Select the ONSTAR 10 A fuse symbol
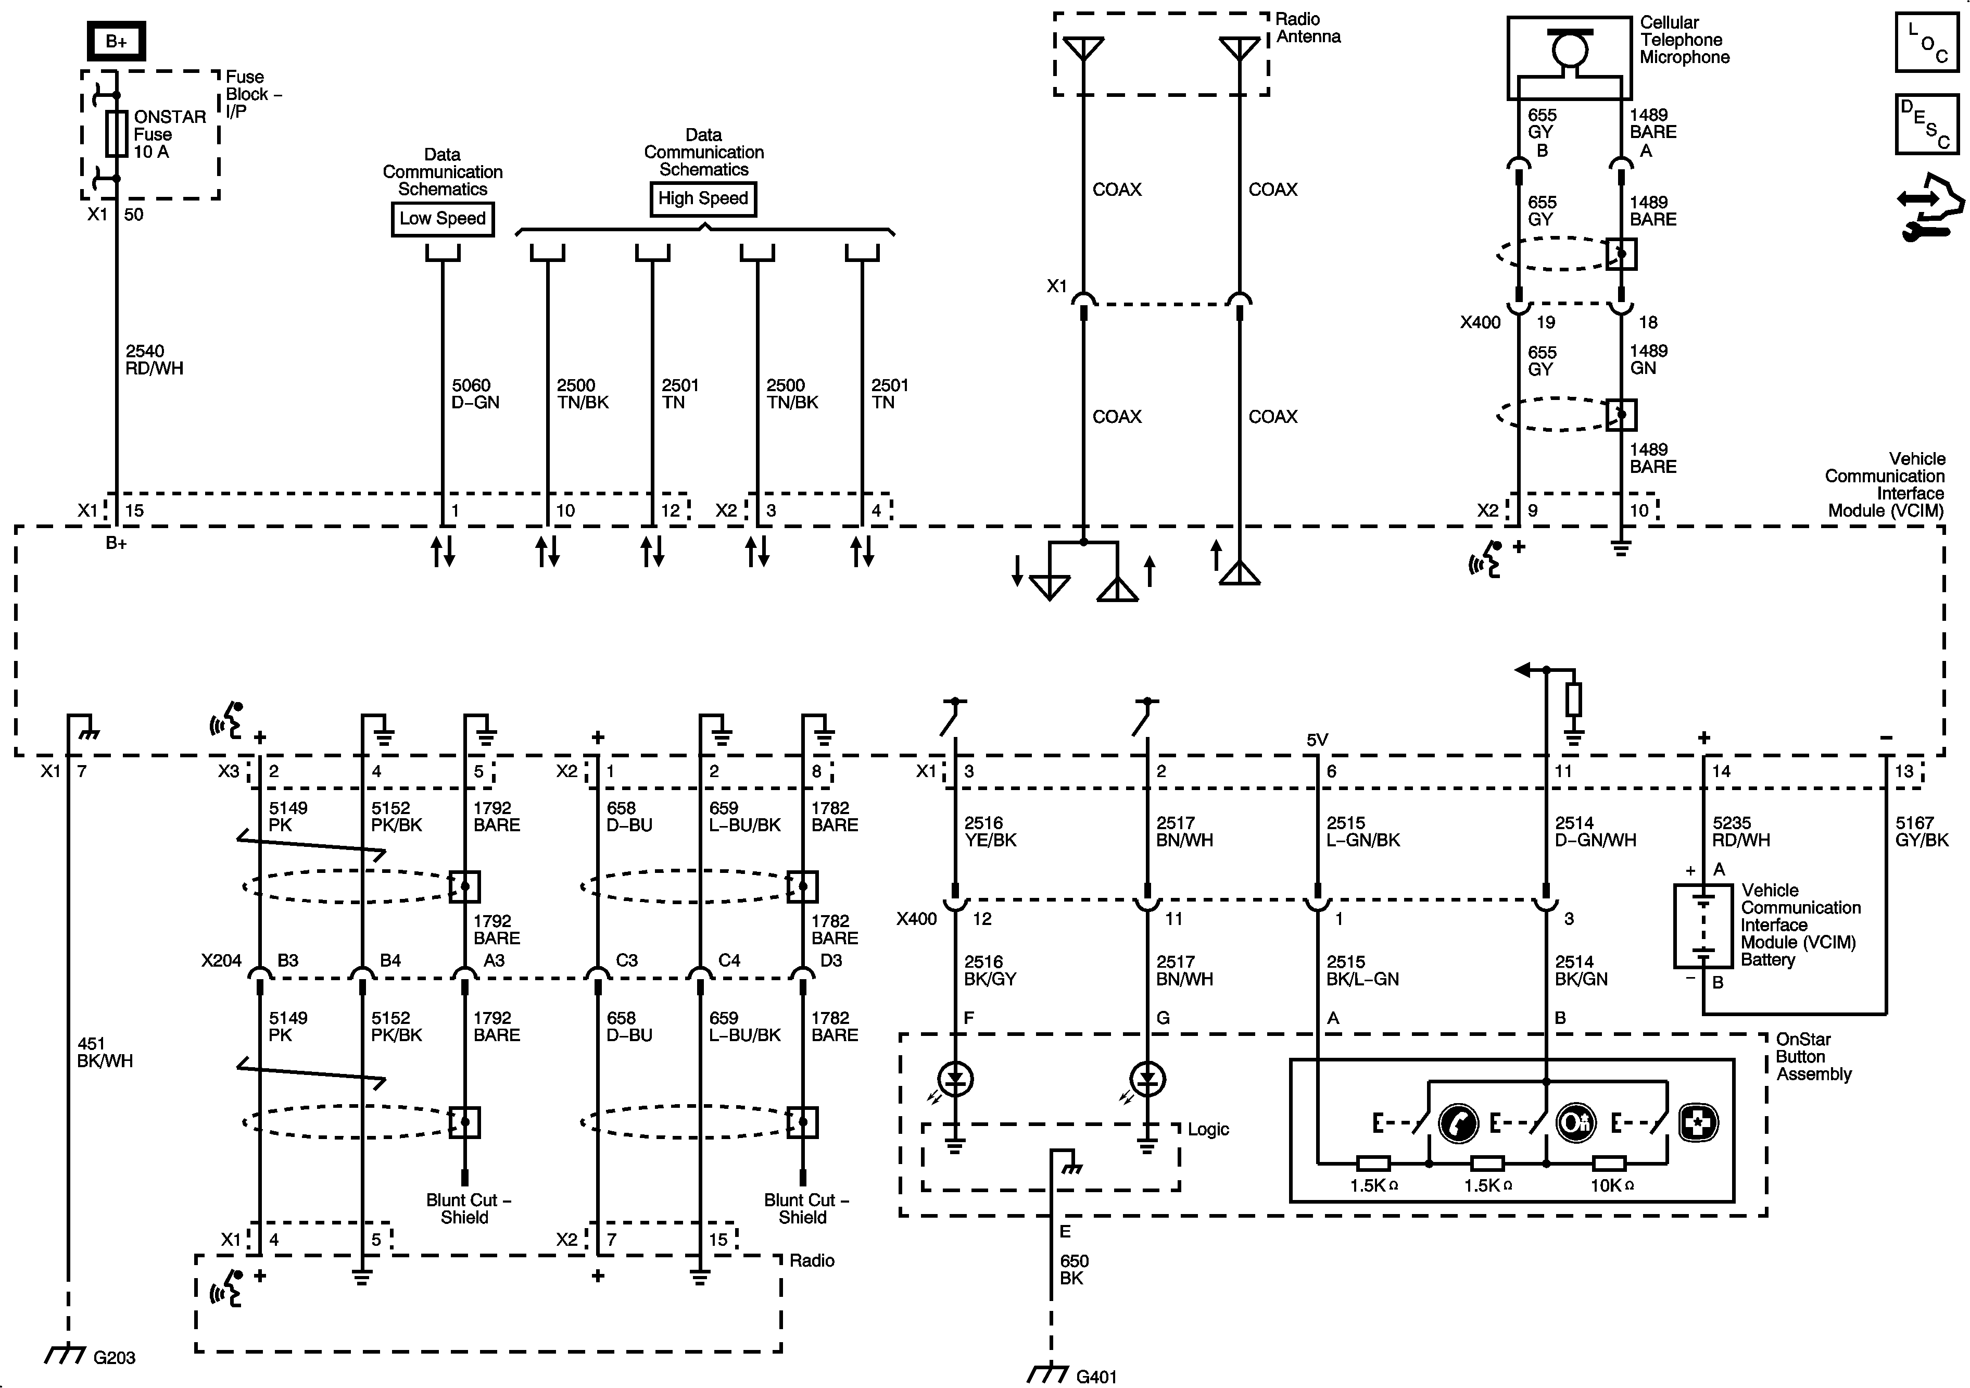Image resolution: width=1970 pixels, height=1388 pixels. (x=117, y=133)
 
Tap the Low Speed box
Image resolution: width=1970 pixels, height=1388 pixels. (x=443, y=219)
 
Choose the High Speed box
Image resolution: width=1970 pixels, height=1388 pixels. (x=703, y=199)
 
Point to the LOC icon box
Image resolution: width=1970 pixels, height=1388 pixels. (x=1926, y=42)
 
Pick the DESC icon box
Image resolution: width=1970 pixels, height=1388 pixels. (x=1926, y=124)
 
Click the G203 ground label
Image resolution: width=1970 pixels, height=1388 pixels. (x=114, y=1357)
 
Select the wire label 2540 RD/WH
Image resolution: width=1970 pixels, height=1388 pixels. (x=155, y=360)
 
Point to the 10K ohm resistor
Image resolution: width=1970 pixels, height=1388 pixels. (x=1609, y=1164)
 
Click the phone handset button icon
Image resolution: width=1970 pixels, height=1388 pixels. (x=1458, y=1123)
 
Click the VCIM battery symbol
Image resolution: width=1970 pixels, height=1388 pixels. (x=1703, y=926)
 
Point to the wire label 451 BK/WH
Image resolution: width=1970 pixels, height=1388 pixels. (x=105, y=1053)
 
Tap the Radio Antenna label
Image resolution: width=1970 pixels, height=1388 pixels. (x=1308, y=28)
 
